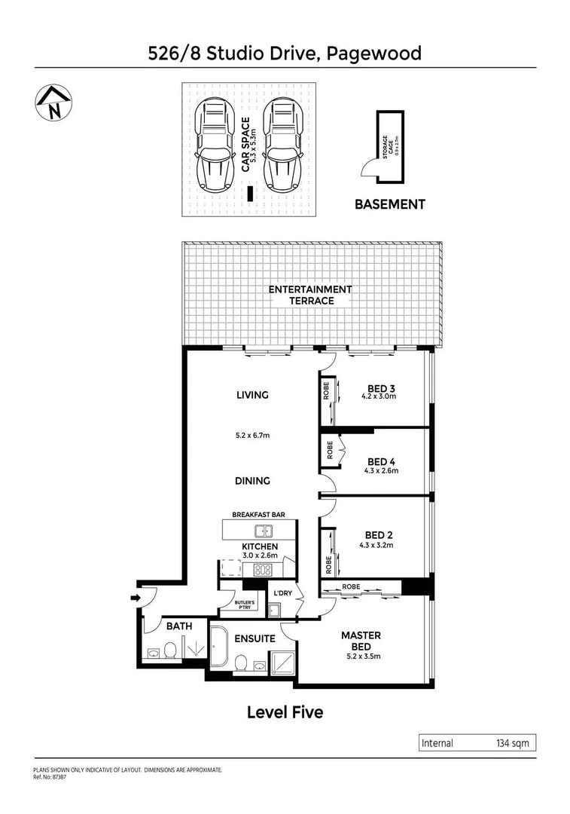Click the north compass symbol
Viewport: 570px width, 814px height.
pyautogui.click(x=53, y=103)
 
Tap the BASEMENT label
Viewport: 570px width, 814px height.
pyautogui.click(x=390, y=204)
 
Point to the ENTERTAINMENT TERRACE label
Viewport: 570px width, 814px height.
pyautogui.click(x=310, y=295)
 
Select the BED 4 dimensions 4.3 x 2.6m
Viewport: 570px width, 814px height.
pyautogui.click(x=382, y=471)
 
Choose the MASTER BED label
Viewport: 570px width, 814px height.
pyautogui.click(x=361, y=641)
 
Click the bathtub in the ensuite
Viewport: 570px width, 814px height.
pyautogui.click(x=220, y=649)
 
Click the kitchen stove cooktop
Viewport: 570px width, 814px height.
pyautogui.click(x=262, y=570)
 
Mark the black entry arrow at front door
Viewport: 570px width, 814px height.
pyautogui.click(x=135, y=598)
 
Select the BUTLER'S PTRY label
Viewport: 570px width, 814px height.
pyautogui.click(x=245, y=607)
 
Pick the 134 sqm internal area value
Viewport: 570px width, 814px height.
pyautogui.click(x=513, y=743)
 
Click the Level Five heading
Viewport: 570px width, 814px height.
pyautogui.click(x=285, y=711)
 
